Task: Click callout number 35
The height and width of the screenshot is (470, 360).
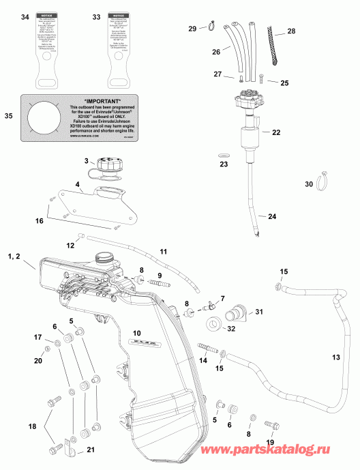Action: click(x=8, y=116)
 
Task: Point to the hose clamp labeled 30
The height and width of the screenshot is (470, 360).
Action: click(x=328, y=181)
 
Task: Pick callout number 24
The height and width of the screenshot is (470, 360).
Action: click(x=272, y=216)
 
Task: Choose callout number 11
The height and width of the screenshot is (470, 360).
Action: click(x=163, y=252)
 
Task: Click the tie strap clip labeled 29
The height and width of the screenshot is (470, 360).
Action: click(x=213, y=28)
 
